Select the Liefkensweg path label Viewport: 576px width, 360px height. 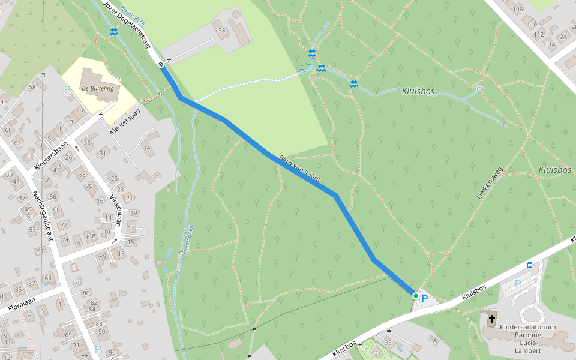[x=489, y=182]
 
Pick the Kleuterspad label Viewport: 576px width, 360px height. [x=125, y=120]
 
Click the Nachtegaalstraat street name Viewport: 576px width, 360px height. [x=43, y=215]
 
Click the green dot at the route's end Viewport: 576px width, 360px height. [x=415, y=295]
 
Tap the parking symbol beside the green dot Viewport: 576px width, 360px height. [x=425, y=298]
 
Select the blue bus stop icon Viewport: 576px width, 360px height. [x=530, y=265]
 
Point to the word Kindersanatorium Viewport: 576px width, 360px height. [x=528, y=328]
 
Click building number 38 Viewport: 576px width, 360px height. [x=222, y=30]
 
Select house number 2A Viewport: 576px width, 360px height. [x=563, y=37]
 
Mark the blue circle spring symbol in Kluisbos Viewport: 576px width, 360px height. [x=479, y=89]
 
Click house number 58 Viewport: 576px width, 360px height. [x=32, y=88]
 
